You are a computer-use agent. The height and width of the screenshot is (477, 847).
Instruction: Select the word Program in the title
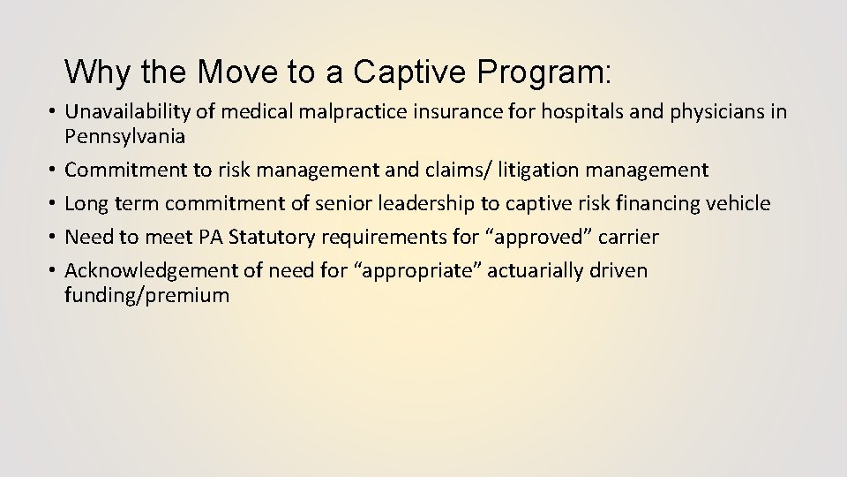click(539, 71)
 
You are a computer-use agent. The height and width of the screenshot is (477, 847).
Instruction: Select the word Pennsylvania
click(124, 136)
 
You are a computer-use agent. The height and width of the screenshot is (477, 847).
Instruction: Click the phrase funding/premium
click(146, 295)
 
